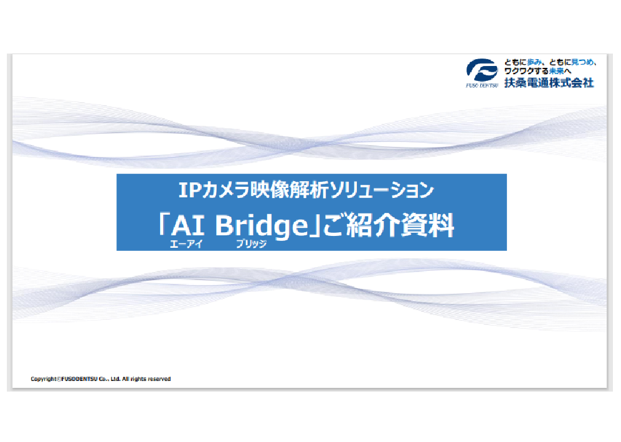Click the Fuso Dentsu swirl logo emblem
tap(481, 70)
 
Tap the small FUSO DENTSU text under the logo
tap(481, 85)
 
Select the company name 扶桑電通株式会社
tap(549, 83)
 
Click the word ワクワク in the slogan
tap(518, 71)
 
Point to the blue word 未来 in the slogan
tap(556, 71)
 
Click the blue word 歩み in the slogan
tap(534, 62)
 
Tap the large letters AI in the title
tap(188, 225)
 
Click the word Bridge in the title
tap(262, 227)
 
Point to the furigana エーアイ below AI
tap(186, 244)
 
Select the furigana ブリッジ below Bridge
tap(252, 244)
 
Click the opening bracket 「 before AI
tap(164, 223)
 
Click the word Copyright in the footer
tap(44, 379)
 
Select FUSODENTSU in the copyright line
tap(79, 379)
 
